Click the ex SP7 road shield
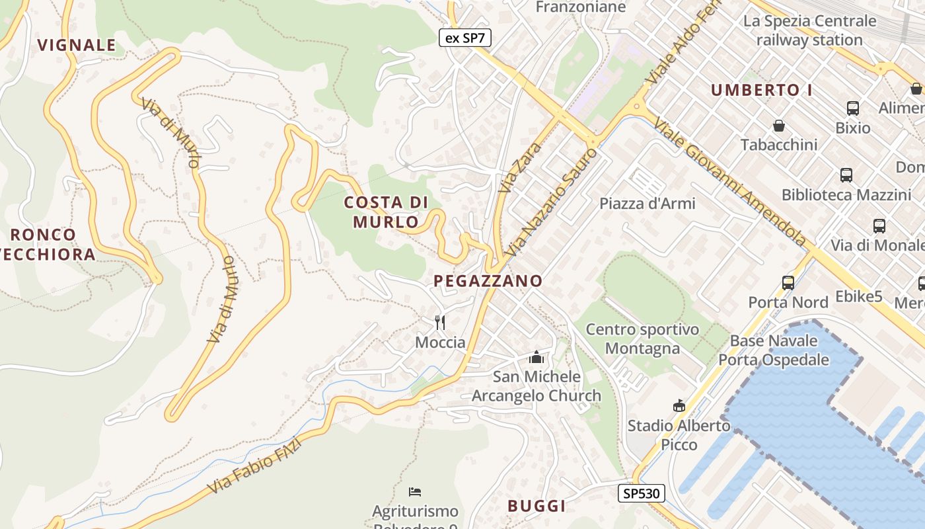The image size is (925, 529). [465, 38]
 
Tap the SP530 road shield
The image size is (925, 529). [641, 493]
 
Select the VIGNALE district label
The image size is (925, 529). [77, 45]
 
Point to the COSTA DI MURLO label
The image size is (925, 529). [387, 212]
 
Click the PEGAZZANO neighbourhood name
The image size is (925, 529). [488, 281]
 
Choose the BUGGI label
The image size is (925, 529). [536, 506]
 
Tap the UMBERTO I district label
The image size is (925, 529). [761, 91]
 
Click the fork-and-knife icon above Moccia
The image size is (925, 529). [440, 323]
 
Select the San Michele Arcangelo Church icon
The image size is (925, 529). [536, 358]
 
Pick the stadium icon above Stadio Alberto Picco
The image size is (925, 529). [679, 405]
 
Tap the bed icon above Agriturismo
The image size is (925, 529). [415, 491]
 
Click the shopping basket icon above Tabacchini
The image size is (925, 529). [779, 126]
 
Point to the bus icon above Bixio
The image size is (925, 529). [852, 108]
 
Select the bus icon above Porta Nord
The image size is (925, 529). [788, 283]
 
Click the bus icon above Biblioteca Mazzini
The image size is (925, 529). [846, 175]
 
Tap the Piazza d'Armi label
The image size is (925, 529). [647, 204]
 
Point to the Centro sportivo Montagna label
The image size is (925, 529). [642, 339]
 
